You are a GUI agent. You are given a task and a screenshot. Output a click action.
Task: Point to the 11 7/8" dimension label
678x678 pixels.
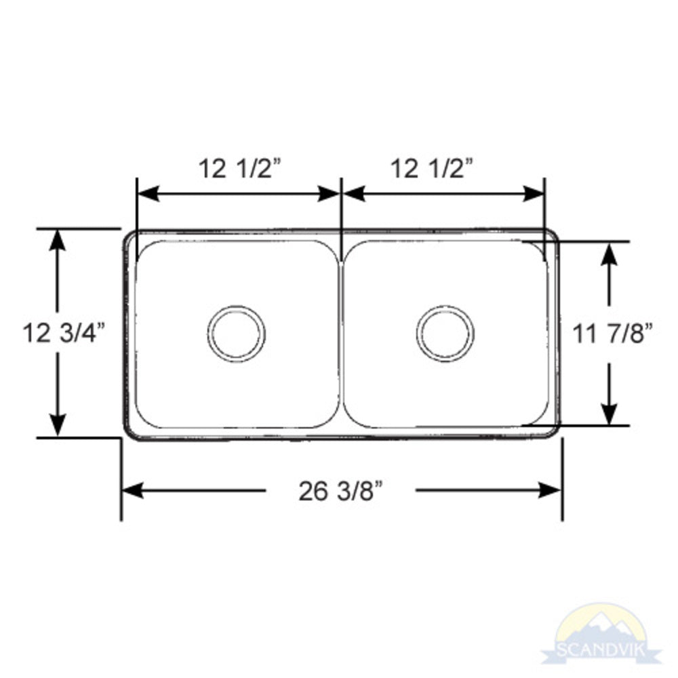pyautogui.click(x=612, y=333)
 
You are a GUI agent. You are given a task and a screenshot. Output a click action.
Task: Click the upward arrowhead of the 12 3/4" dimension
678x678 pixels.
pyautogui.click(x=58, y=239)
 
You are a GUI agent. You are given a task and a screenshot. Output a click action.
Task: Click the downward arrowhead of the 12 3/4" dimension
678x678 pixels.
pyautogui.click(x=58, y=426)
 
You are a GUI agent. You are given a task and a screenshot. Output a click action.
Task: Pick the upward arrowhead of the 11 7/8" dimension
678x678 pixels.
pyautogui.click(x=610, y=252)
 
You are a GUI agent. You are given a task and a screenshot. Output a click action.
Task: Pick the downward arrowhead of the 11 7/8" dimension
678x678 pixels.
pyautogui.click(x=610, y=415)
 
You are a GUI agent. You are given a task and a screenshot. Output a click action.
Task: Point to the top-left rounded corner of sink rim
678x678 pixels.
pyautogui.click(x=129, y=235)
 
